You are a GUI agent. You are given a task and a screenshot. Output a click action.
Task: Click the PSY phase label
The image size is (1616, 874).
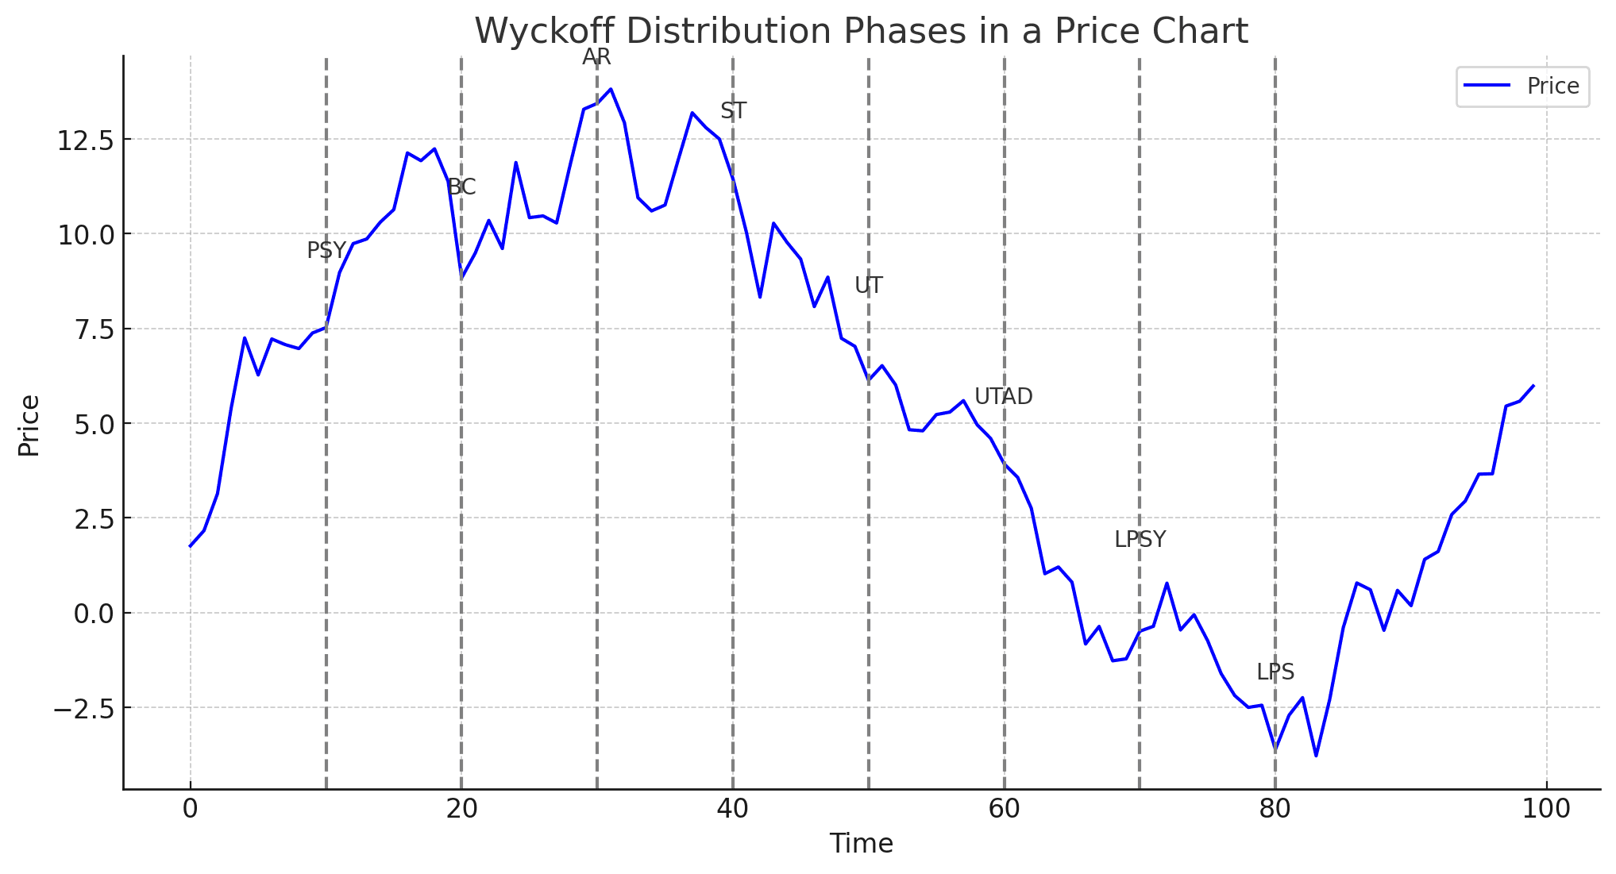(326, 251)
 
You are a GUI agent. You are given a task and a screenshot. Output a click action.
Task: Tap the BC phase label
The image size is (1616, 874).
(461, 187)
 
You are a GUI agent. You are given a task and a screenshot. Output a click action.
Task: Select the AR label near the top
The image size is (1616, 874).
(596, 57)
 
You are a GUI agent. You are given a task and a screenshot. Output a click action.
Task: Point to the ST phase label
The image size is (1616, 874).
(733, 111)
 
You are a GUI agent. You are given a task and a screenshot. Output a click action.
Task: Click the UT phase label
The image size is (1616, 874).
(868, 286)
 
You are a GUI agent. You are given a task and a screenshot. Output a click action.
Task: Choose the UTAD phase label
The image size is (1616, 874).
(1003, 397)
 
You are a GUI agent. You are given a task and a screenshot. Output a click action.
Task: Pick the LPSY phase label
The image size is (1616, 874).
(1140, 540)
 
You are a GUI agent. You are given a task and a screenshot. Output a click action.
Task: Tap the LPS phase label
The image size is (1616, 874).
(1275, 672)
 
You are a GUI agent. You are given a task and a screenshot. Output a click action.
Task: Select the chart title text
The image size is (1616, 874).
(861, 32)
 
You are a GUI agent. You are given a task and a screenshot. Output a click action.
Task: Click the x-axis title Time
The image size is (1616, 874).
(861, 844)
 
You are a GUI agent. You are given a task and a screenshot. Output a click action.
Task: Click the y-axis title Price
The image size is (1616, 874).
(29, 425)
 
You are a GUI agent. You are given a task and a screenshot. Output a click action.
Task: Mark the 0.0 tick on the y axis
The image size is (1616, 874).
(94, 614)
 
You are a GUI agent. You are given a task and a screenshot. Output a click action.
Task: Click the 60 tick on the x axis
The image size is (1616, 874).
(1004, 809)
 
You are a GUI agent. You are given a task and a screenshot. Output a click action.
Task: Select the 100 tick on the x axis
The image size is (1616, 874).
(1547, 809)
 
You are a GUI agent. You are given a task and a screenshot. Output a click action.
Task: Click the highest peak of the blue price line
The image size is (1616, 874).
(610, 89)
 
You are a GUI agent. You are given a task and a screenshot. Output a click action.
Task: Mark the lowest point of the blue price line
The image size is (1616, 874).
(1316, 756)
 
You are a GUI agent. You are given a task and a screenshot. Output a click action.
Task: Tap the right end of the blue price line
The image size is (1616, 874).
(1533, 386)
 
